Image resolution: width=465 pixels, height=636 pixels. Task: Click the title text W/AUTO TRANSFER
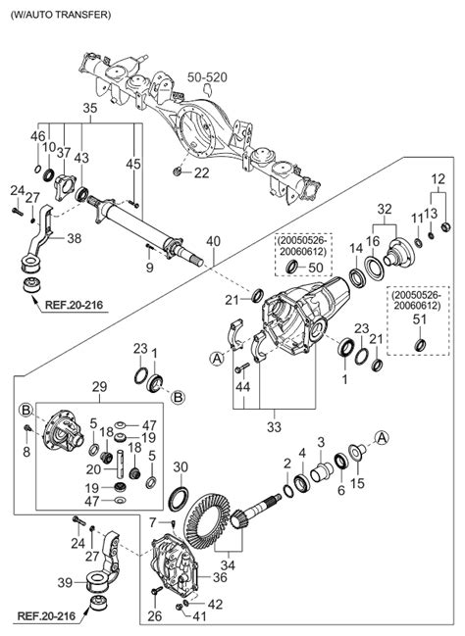point(62,15)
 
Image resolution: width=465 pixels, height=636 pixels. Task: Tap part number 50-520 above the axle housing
point(207,77)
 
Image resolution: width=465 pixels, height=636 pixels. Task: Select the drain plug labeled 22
point(177,171)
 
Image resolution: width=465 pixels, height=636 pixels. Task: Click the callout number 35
point(90,109)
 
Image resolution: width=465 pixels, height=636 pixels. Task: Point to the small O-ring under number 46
point(37,169)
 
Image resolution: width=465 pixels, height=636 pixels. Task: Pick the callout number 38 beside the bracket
point(74,238)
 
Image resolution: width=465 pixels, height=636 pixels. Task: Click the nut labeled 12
point(446,226)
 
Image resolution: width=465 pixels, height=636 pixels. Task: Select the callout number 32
point(385,210)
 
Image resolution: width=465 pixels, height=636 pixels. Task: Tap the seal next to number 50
point(292,267)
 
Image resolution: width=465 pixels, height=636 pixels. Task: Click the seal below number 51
point(420,345)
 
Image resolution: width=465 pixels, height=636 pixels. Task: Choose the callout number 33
point(274,426)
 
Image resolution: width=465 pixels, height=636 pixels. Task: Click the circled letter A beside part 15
point(382,438)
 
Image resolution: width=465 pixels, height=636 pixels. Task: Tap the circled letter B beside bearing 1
point(179,397)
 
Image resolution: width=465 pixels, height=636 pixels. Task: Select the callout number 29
point(99,386)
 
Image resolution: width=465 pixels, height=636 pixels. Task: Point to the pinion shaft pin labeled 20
point(121,464)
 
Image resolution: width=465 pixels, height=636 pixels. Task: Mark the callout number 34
point(228,564)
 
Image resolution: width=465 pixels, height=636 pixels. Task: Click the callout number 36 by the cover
point(220,577)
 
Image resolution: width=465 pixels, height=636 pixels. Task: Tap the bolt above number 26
point(156,591)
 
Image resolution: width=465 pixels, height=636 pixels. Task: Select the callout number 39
point(65,583)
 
